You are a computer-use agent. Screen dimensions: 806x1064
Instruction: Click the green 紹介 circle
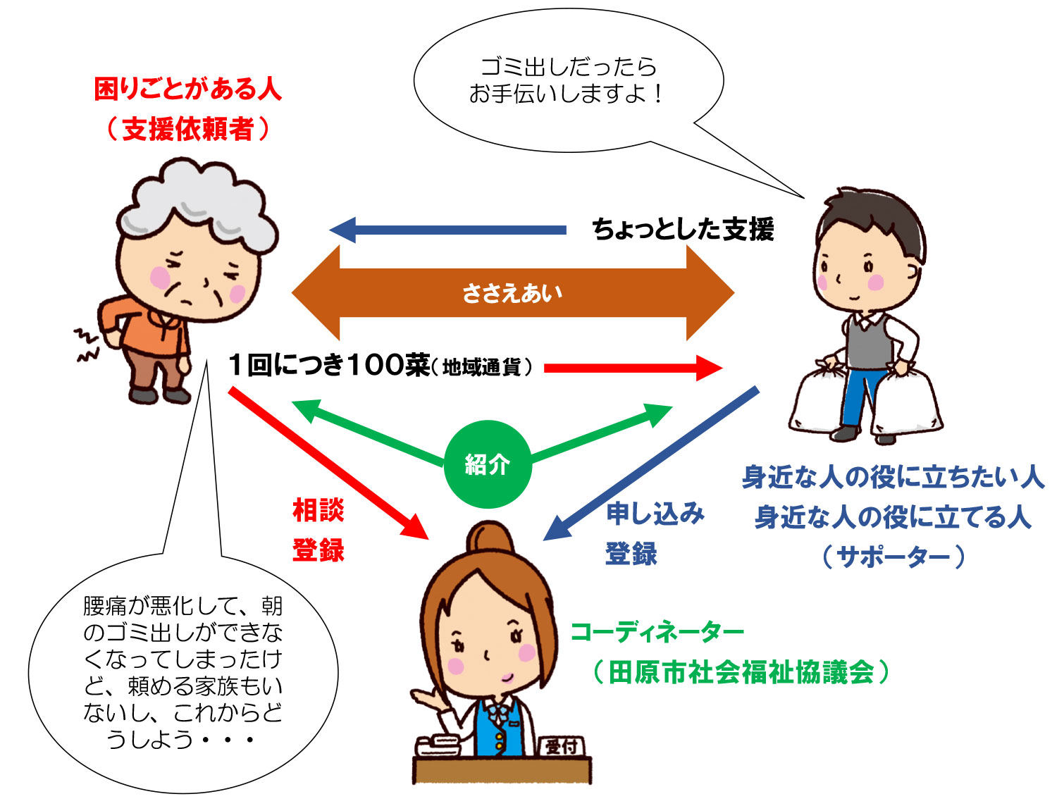[x=487, y=464]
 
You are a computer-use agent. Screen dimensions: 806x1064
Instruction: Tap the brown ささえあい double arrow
[x=512, y=292]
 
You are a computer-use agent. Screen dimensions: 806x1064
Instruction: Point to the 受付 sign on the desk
[x=562, y=746]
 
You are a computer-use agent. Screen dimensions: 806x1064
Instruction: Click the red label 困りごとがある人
[x=187, y=89]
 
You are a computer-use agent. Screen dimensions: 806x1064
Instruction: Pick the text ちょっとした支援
[x=683, y=230]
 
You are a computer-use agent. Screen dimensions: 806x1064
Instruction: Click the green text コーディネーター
[x=657, y=631]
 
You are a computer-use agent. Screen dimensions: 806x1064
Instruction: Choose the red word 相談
[x=318, y=509]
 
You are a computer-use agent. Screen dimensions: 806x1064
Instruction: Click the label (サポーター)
[x=893, y=557]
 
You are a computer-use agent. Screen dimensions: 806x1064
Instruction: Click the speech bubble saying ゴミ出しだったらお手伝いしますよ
[x=568, y=80]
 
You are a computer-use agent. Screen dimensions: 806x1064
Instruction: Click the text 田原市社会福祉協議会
[x=741, y=672]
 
